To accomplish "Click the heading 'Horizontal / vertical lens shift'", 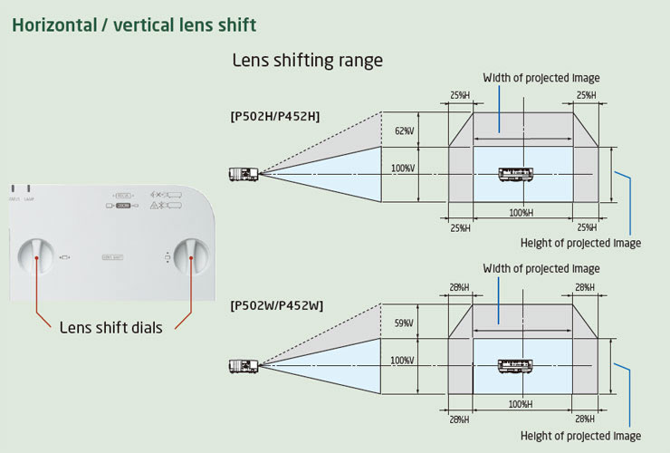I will coord(134,24).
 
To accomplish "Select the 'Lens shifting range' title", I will coord(307,62).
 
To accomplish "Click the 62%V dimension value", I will coord(404,131).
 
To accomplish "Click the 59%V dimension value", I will coord(404,323).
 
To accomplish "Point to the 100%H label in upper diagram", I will coord(520,213).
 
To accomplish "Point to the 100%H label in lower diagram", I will coord(520,404).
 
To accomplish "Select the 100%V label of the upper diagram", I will coord(403,169).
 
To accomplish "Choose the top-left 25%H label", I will coord(460,95).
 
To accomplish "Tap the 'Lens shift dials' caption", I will coord(110,328).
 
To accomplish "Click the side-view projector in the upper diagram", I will coord(244,173).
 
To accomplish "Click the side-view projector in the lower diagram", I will coord(244,365).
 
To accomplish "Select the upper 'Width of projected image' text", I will coord(541,78).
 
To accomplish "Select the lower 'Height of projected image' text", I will coord(580,437).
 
